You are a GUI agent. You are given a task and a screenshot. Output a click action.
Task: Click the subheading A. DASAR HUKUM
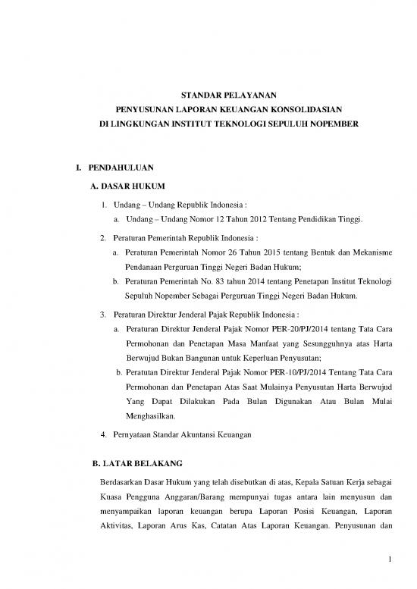(x=127, y=185)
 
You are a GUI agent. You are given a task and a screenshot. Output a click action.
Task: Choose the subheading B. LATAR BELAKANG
(x=135, y=461)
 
